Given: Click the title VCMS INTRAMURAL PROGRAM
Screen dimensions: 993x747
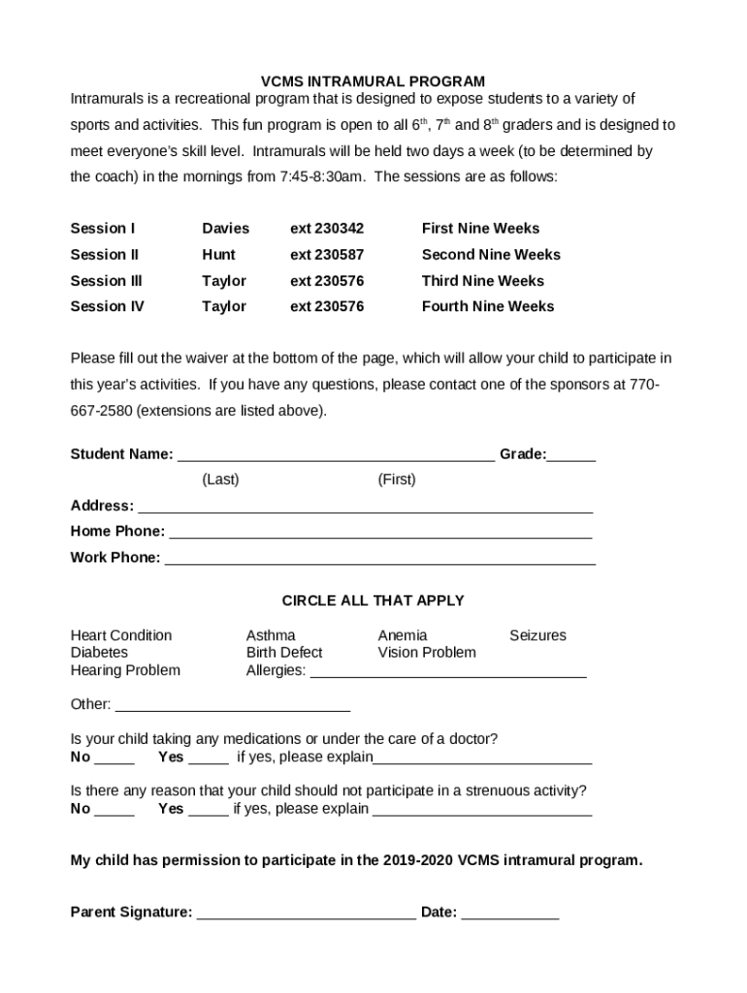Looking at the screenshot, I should point(373,81).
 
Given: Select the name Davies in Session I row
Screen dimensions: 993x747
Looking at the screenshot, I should point(225,229).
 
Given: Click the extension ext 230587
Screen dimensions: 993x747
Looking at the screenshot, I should point(327,255).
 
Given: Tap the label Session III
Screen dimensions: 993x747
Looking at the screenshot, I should point(106,281).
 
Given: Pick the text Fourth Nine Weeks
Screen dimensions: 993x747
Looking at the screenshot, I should point(488,306).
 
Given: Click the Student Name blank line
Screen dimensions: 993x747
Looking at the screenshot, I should point(336,456).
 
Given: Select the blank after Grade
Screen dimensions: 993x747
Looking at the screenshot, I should point(571,456).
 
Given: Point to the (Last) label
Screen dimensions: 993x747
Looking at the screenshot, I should point(220,480).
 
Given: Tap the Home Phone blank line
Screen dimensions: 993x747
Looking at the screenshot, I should point(380,532).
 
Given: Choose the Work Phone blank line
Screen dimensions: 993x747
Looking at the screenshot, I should point(379,559).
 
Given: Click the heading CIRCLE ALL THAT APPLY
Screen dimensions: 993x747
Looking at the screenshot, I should point(373,601).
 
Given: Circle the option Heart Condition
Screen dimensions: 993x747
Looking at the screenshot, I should point(121,636).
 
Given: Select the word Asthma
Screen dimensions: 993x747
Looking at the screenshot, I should point(271,636).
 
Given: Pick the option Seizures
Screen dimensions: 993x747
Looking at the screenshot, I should point(537,636).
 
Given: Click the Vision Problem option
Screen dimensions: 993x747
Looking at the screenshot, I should point(427,653).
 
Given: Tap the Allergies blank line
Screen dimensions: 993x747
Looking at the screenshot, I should point(447,671).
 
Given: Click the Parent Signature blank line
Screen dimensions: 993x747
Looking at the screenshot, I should point(307,913).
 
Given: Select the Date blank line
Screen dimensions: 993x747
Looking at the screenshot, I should point(510,913).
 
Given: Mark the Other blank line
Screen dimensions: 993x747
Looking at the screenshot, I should point(232,705).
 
